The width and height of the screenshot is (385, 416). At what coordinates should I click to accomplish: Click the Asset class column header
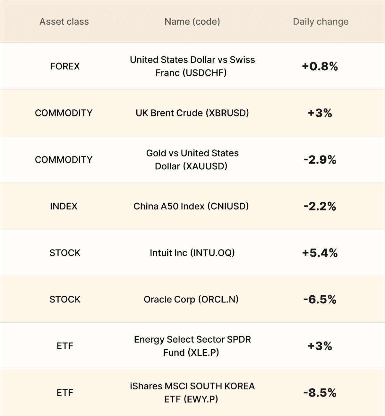click(64, 21)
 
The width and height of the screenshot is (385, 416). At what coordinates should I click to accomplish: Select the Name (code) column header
click(192, 22)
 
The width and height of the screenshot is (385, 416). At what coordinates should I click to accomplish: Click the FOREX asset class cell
click(65, 66)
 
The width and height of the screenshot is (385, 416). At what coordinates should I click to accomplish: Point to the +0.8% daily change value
click(320, 66)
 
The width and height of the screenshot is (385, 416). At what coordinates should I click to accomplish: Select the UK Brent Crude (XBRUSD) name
click(192, 113)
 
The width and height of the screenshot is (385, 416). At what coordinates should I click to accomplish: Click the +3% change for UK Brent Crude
click(320, 113)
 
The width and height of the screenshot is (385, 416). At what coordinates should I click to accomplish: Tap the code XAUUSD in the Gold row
click(205, 166)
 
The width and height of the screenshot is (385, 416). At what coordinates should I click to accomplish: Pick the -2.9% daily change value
click(320, 160)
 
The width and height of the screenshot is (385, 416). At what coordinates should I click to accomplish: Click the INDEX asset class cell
click(64, 206)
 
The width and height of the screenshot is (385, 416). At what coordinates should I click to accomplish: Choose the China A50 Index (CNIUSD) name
click(191, 206)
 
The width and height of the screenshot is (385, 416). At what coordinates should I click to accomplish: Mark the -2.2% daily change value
click(320, 206)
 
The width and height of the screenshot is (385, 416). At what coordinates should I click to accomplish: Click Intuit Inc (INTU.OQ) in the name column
click(192, 253)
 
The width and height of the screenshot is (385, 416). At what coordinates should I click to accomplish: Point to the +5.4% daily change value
click(320, 253)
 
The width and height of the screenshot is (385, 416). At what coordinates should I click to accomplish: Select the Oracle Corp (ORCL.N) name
click(191, 300)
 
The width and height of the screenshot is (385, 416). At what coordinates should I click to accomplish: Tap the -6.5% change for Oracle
click(320, 300)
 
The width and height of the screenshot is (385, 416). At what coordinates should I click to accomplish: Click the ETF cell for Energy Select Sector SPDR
click(65, 346)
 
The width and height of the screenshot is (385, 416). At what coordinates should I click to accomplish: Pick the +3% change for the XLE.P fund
click(320, 346)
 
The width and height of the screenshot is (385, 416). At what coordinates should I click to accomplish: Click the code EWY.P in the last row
click(201, 399)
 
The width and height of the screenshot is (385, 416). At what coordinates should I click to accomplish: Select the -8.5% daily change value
click(320, 393)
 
